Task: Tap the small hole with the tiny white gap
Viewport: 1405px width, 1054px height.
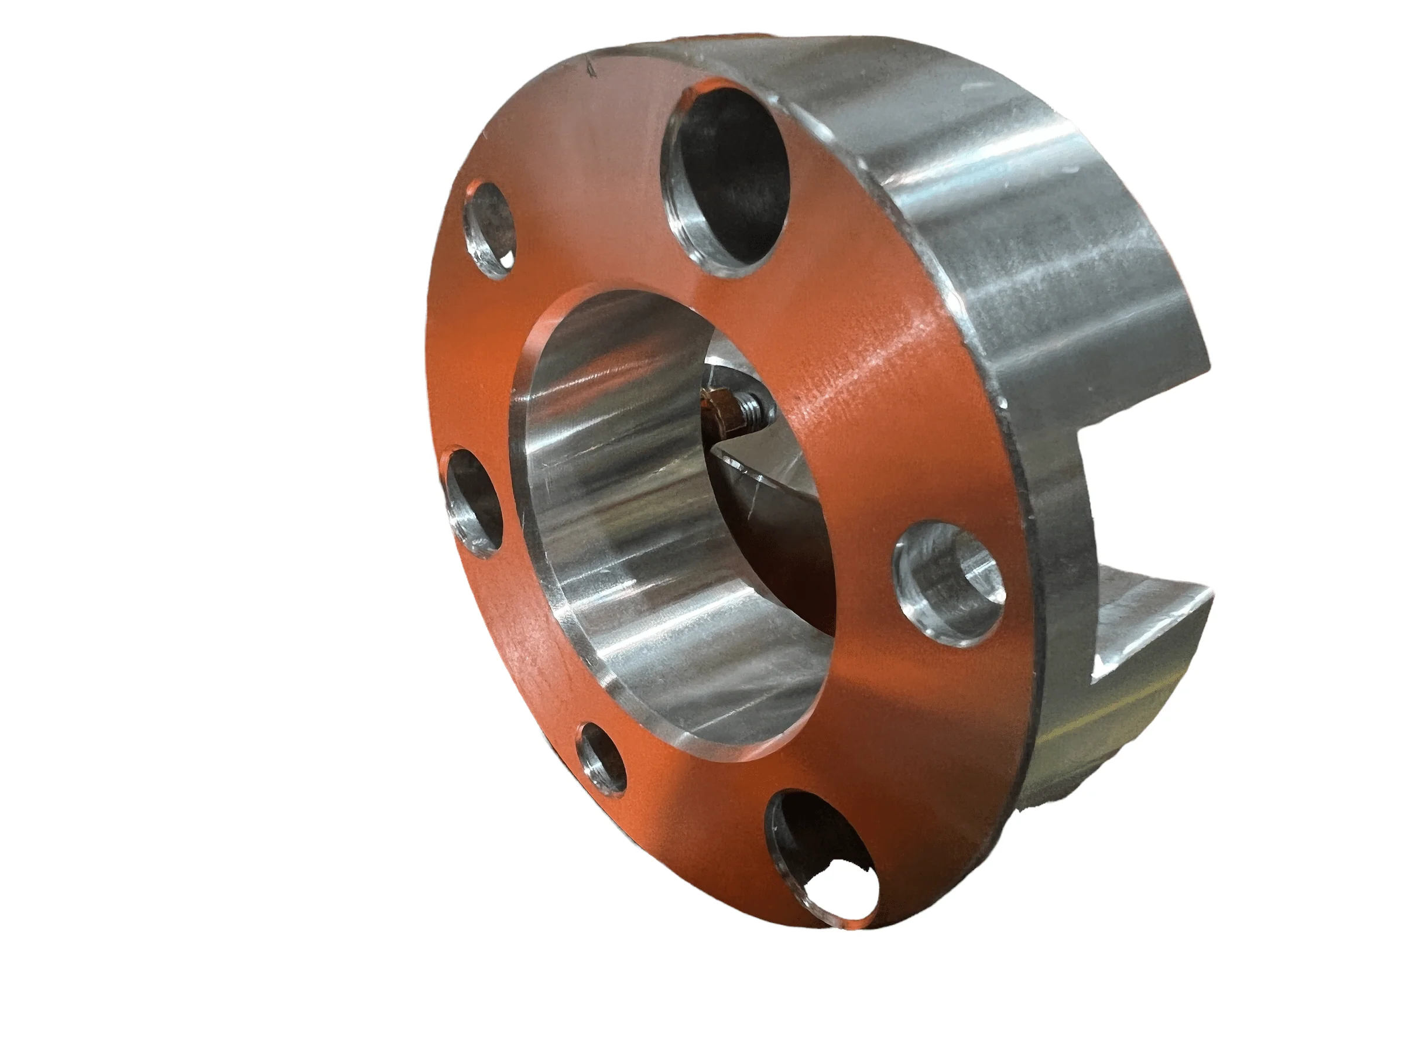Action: click(x=489, y=231)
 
